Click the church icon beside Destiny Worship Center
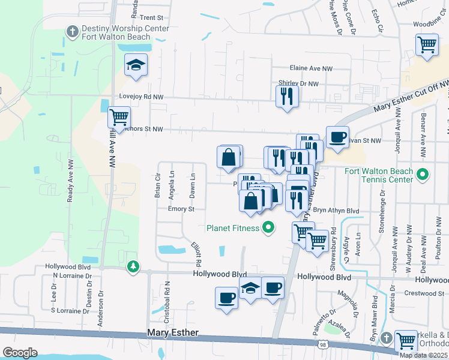point(72,31)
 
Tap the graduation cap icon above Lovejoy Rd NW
point(136,65)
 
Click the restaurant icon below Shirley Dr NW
point(287,96)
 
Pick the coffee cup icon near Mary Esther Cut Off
point(337,137)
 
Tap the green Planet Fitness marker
point(268,228)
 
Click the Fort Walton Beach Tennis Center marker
point(423,175)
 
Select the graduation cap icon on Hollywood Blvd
point(250,288)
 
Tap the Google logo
point(20,352)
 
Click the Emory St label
point(181,209)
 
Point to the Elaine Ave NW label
point(311,69)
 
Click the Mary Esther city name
point(173,333)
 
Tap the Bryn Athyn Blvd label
point(336,211)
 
